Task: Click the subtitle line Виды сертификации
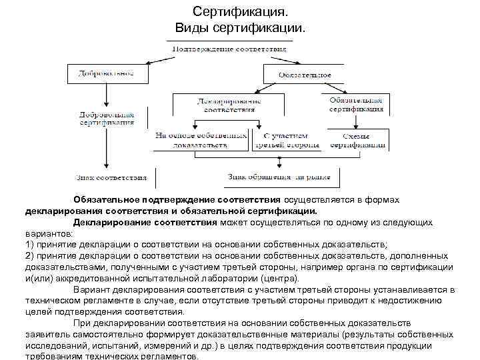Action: pos(240,28)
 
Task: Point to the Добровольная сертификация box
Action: pos(107,118)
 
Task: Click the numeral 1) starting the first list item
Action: pos(29,245)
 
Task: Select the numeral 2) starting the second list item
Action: pos(29,256)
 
